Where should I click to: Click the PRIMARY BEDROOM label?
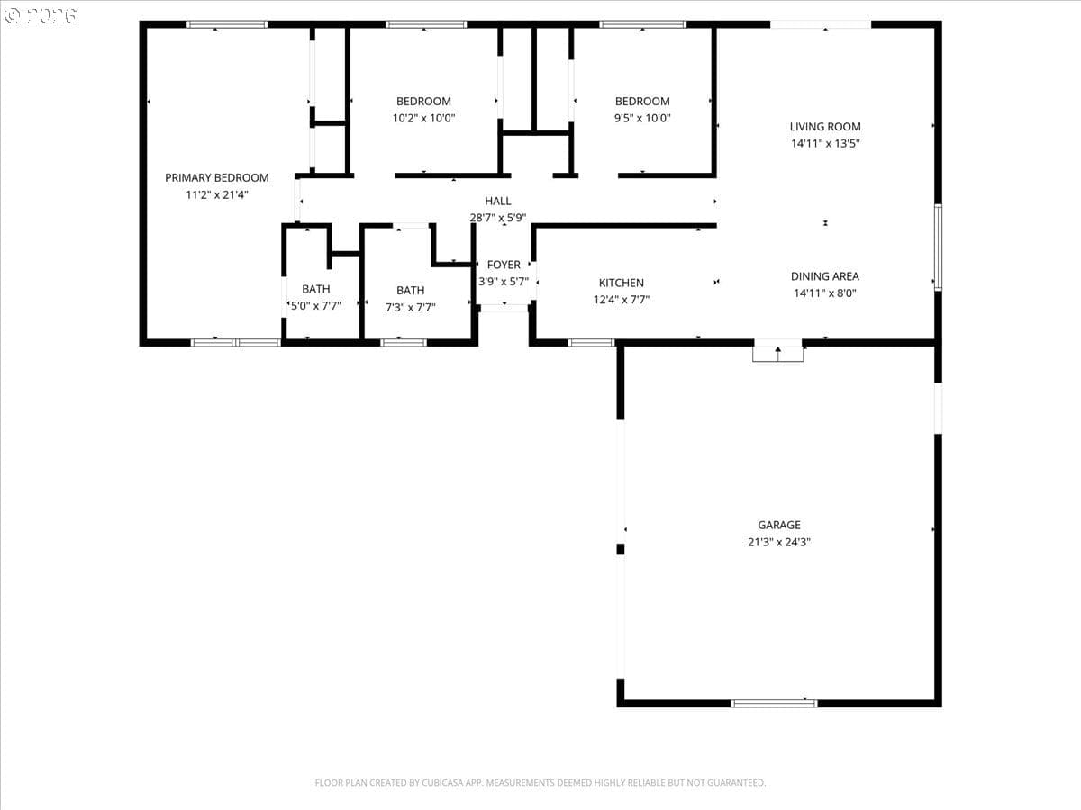(217, 177)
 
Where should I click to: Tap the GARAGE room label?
(779, 525)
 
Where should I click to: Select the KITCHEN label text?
(621, 283)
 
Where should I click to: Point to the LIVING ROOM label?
(825, 126)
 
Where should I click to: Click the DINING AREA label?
(825, 276)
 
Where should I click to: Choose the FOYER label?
(504, 265)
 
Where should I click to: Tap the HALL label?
(498, 201)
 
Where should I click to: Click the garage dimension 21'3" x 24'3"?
(779, 542)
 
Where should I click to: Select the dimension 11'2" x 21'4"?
(217, 194)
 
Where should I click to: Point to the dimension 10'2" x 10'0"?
(423, 118)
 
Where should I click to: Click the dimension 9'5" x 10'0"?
(642, 118)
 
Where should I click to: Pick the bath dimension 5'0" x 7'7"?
(315, 306)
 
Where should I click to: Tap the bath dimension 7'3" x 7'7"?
(410, 308)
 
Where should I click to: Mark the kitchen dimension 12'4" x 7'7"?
(621, 300)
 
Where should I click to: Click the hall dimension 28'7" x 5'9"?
(498, 218)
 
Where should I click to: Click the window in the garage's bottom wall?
(774, 704)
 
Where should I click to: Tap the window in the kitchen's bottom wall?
(592, 343)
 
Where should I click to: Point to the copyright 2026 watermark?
(40, 15)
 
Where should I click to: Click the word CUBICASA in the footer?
(441, 782)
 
